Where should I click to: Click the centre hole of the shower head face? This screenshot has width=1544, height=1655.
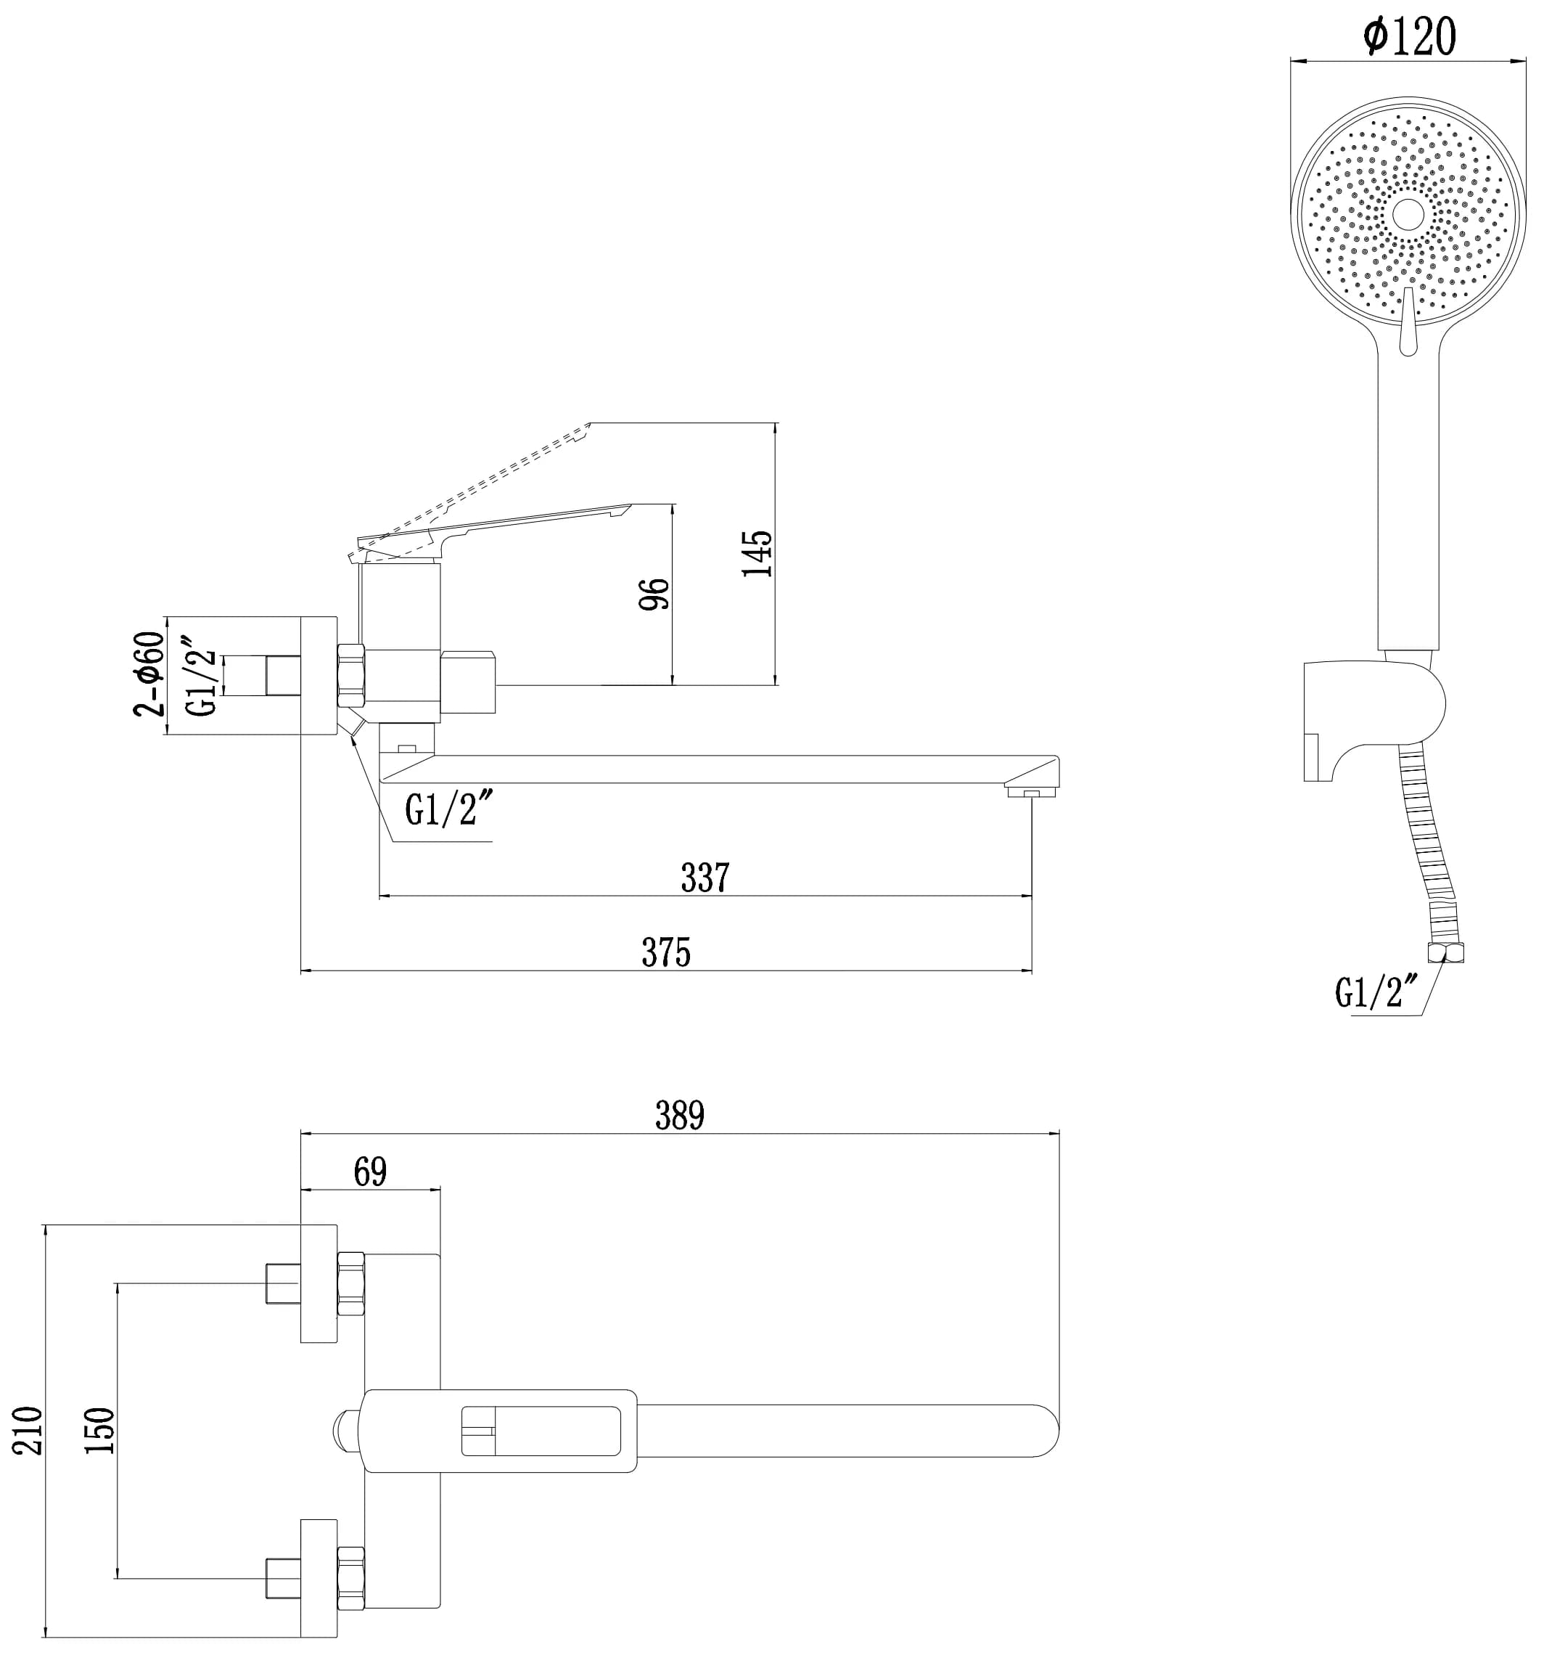click(x=1408, y=214)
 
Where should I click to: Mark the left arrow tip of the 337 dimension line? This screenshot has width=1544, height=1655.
click(x=379, y=896)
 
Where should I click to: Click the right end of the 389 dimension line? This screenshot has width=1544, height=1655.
click(x=1059, y=1133)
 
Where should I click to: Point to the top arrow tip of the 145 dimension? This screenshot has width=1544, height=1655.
click(x=776, y=423)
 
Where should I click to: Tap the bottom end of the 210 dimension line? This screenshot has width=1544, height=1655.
click(x=45, y=1638)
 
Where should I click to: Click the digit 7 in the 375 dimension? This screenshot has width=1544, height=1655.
click(x=666, y=952)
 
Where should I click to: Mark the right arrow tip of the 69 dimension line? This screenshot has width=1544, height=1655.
click(x=440, y=1190)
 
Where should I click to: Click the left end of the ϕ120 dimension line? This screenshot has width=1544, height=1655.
click(x=1291, y=61)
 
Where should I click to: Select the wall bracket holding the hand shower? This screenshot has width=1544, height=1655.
click(x=1373, y=720)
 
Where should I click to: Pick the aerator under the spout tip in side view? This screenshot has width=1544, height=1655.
click(x=1031, y=793)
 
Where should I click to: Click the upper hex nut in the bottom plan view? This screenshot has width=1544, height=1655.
click(x=350, y=1283)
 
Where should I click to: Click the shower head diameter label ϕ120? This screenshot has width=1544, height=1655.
click(x=1409, y=36)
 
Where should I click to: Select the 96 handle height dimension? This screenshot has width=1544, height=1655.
click(x=654, y=594)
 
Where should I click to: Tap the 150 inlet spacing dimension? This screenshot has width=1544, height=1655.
click(x=100, y=1430)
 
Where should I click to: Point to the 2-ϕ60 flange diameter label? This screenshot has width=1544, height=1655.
click(x=149, y=675)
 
